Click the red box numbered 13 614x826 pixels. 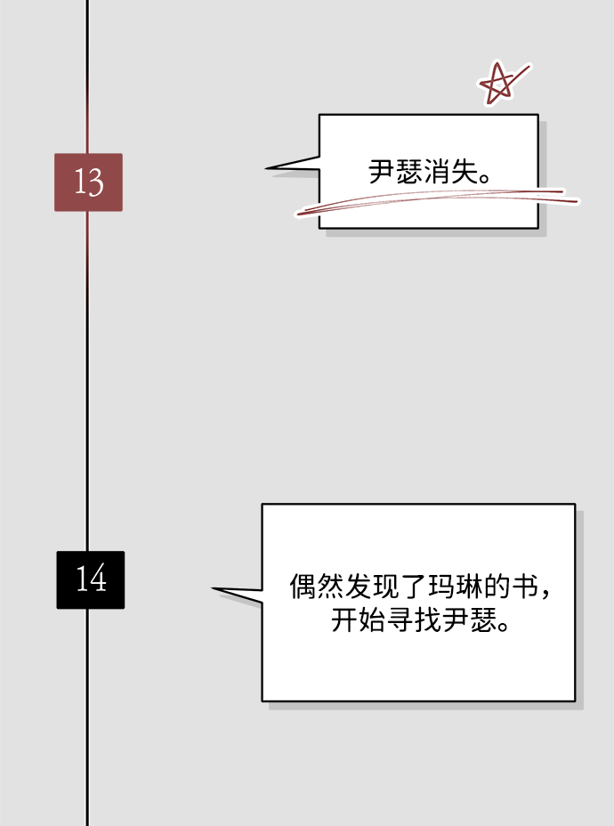click(88, 182)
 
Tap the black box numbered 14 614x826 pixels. click(90, 579)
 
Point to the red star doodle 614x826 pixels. click(497, 84)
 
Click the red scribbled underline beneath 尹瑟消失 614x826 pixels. click(436, 202)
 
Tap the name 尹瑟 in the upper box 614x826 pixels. click(395, 172)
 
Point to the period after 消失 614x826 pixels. click(486, 178)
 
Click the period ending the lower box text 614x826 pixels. click(504, 627)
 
